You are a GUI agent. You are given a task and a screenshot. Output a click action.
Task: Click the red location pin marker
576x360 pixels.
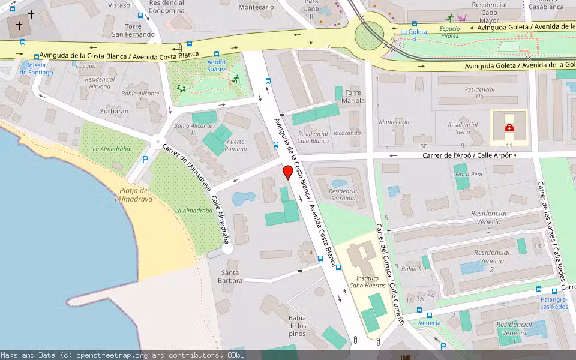click(288, 172)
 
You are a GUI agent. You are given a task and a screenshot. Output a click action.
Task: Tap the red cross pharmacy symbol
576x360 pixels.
click(509, 127)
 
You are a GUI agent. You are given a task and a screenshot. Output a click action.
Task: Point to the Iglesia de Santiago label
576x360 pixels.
click(36, 68)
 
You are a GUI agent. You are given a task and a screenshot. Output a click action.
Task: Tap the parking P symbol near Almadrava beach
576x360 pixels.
click(145, 160)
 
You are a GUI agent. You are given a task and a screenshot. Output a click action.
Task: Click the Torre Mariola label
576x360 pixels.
click(354, 97)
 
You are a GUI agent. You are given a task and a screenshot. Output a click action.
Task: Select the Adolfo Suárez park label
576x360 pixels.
click(216, 65)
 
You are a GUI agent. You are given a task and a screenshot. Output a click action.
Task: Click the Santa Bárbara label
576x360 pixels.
click(230, 277)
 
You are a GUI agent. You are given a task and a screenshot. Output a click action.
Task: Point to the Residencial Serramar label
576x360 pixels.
click(343, 194)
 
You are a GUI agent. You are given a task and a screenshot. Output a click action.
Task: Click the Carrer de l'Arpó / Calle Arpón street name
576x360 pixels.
click(468, 155)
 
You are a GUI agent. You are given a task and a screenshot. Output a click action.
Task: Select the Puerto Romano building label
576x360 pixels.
click(236, 145)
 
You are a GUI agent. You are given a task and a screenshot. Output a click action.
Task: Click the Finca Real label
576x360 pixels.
click(469, 174)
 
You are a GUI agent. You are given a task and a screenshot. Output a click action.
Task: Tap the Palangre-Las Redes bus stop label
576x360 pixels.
click(553, 303)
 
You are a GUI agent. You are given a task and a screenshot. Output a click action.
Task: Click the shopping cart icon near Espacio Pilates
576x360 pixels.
click(462, 18)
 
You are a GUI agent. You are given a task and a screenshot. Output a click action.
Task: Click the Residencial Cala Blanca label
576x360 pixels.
click(313, 137)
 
